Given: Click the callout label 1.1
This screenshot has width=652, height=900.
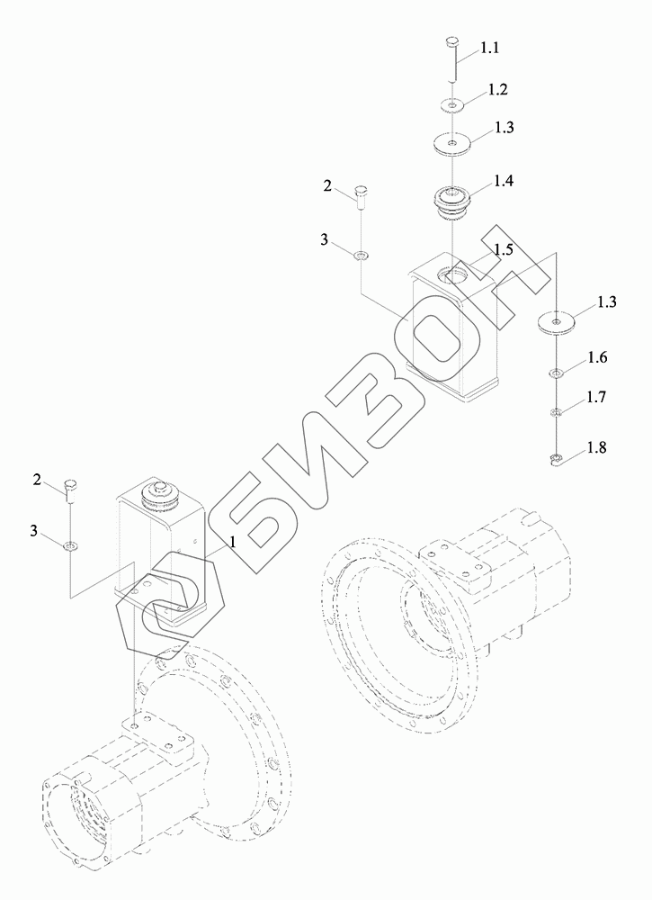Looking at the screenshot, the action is tap(489, 49).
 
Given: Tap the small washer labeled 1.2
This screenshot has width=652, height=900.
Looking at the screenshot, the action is tap(452, 106).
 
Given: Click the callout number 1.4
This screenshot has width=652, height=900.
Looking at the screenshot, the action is tap(503, 182).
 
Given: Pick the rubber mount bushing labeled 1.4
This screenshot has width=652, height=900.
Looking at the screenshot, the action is tap(451, 202).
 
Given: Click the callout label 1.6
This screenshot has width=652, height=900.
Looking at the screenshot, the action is tap(596, 358).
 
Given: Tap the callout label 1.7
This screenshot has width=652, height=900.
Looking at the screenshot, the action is tap(595, 397).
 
